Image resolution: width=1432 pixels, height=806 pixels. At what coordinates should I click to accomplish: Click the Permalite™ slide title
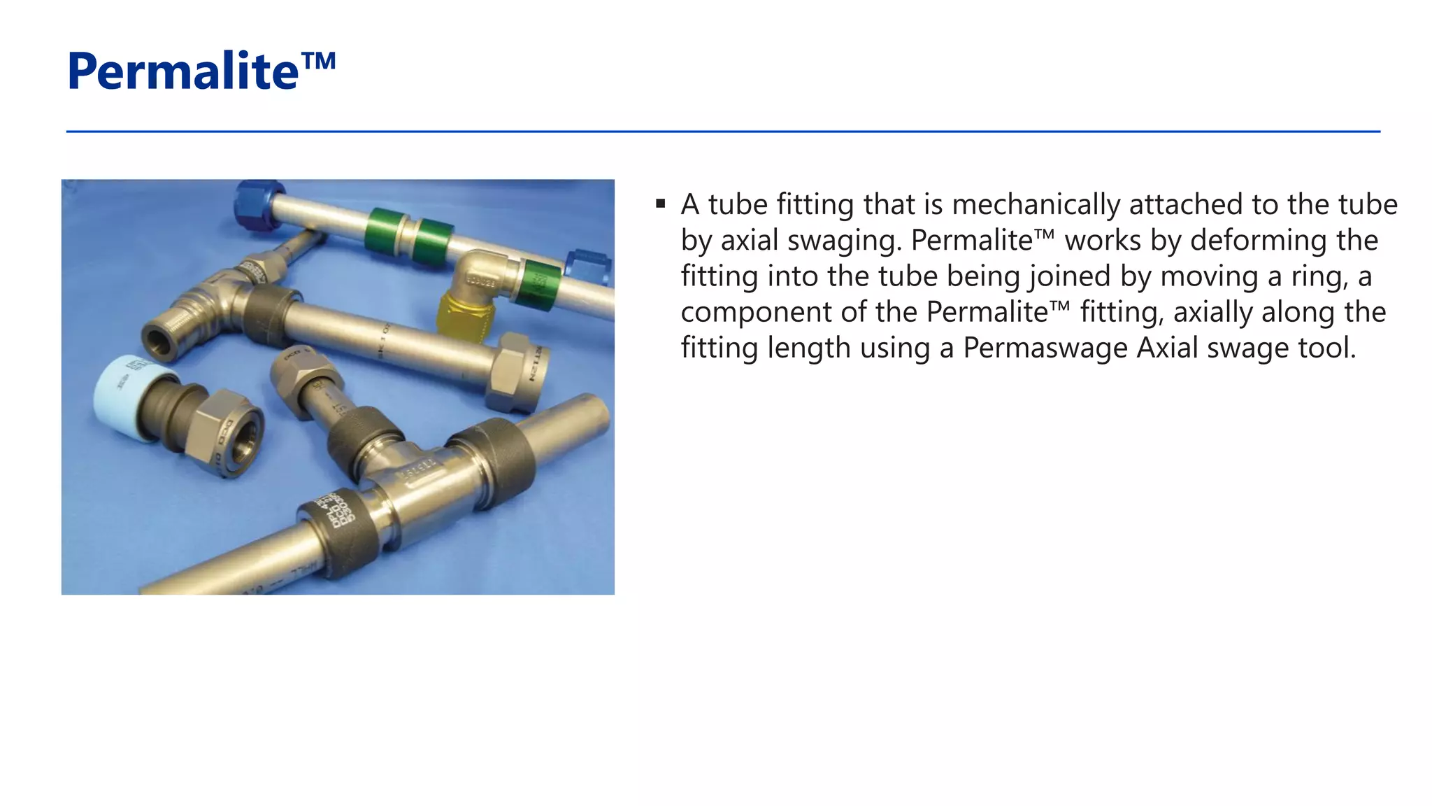coord(201,71)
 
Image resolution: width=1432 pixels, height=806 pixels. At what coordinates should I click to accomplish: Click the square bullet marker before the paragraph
coord(660,204)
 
